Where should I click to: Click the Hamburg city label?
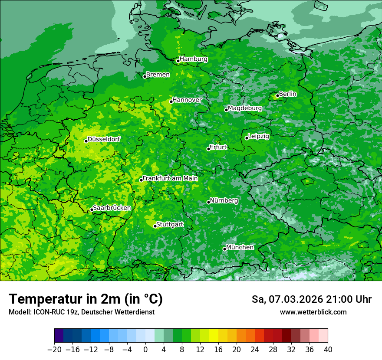[194, 59]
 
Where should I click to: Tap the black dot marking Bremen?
[145, 77]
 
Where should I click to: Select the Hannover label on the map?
[187, 100]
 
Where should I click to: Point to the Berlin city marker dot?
[277, 96]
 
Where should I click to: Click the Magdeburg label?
[245, 108]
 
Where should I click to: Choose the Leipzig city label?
[259, 137]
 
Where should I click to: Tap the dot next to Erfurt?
[208, 149]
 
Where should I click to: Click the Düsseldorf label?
[104, 140]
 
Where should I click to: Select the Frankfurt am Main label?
[170, 178]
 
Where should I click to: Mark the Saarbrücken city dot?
[92, 210]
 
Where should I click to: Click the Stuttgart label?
[170, 225]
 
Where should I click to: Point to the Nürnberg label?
[224, 201]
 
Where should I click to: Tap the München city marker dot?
[224, 249]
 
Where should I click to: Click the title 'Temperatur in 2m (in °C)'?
[86, 299]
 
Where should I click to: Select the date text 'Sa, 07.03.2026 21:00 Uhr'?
[312, 299]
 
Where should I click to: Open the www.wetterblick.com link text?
[313, 312]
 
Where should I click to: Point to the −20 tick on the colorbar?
[54, 349]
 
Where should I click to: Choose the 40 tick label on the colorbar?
[328, 349]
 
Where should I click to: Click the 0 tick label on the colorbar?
[145, 349]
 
